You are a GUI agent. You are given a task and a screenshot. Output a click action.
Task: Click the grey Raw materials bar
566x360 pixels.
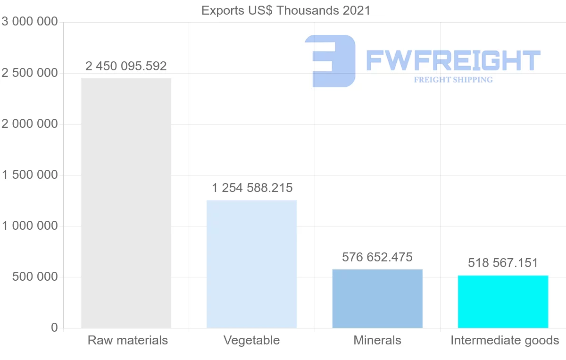coord(126,203)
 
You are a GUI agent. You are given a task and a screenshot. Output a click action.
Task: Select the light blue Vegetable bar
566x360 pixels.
coord(252,264)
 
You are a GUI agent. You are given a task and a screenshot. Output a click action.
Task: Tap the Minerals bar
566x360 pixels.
coord(377,298)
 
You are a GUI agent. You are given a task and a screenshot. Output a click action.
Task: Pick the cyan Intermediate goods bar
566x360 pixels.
coord(503,301)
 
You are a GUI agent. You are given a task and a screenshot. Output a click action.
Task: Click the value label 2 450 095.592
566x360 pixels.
coord(126,66)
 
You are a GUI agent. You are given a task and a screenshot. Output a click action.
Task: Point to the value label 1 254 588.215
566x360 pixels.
coord(252,188)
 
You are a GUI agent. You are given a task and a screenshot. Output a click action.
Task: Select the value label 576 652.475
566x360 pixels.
coord(377,257)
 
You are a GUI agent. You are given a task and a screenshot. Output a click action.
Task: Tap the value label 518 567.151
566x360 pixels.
coord(503,263)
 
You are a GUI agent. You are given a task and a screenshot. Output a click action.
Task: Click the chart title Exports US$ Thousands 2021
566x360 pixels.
coord(286,10)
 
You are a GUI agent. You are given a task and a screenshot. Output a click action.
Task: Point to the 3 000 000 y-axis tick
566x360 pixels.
coord(30,22)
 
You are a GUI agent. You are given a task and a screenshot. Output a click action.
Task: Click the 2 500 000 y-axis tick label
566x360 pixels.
coord(30,73)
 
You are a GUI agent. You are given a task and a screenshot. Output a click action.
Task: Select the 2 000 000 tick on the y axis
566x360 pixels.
coord(30,124)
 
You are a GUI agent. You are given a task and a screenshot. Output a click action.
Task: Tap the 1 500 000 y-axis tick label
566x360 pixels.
coord(30,175)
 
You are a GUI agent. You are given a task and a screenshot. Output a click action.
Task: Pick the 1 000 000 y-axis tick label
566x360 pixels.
coord(30,226)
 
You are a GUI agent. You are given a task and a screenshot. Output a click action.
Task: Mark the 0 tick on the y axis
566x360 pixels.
coord(54,327)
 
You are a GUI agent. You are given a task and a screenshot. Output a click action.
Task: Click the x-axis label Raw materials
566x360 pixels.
coord(127,340)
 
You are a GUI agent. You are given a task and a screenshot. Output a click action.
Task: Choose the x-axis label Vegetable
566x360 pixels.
coord(251,340)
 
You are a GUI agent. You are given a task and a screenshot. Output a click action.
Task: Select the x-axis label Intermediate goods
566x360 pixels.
coord(505,340)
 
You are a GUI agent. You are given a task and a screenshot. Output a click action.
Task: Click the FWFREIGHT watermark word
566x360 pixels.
coord(453,61)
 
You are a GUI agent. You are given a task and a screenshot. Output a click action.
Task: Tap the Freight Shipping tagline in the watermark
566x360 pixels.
coord(453,80)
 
